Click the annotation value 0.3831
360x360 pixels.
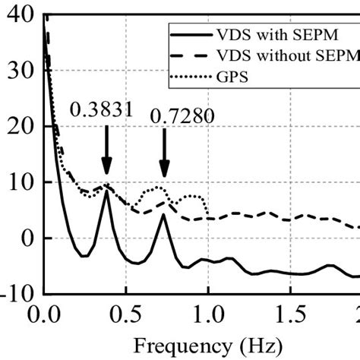[x=102, y=111]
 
